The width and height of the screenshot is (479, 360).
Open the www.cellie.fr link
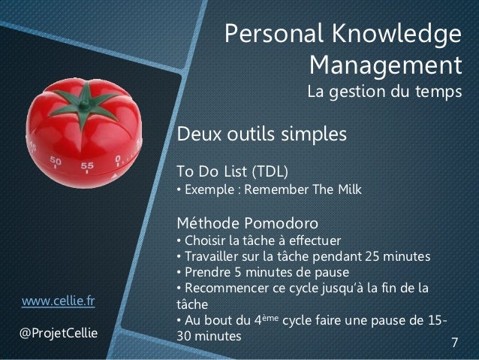pos(59,302)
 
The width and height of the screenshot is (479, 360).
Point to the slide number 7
pos(453,343)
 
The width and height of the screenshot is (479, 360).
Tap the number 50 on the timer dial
pos(56,160)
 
